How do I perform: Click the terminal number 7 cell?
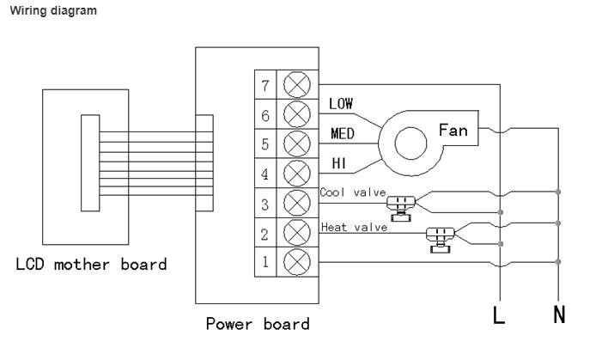(x=265, y=84)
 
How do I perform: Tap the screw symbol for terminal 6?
(x=297, y=114)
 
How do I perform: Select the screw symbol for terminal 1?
(x=297, y=262)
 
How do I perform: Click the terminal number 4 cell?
(x=265, y=174)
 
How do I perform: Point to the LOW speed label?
(x=341, y=104)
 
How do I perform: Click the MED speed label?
(x=343, y=133)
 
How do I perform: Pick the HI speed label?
(x=338, y=163)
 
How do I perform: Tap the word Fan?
(x=453, y=130)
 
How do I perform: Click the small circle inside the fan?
(x=410, y=143)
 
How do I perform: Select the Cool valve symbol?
(x=400, y=209)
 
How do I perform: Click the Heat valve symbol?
(x=441, y=240)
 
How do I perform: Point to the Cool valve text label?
(x=353, y=192)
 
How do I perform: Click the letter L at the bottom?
(x=498, y=315)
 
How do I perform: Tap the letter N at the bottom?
(x=559, y=314)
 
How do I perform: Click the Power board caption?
(x=258, y=325)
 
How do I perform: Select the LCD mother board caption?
(x=91, y=265)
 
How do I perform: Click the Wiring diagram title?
(x=53, y=10)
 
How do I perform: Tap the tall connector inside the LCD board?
(x=90, y=163)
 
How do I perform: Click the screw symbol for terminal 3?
(x=297, y=203)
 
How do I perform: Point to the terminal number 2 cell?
(x=265, y=233)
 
